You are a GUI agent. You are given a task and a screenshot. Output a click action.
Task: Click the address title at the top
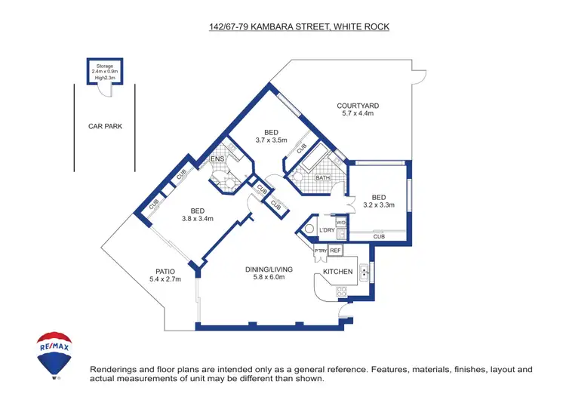pyautogui.click(x=299, y=27)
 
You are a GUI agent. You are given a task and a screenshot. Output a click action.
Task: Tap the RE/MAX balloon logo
pyautogui.click(x=54, y=353)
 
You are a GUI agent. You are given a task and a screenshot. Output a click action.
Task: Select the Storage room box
pyautogui.click(x=103, y=72)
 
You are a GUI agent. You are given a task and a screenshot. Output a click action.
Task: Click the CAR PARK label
pyautogui.click(x=105, y=127)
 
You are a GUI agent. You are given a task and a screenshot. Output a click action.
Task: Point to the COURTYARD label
pyautogui.click(x=358, y=106)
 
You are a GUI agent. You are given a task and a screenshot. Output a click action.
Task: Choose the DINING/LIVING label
pyautogui.click(x=269, y=269)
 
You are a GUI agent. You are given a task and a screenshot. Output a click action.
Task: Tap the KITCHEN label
pyautogui.click(x=337, y=271)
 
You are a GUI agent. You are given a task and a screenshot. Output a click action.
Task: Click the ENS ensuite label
pyautogui.click(x=217, y=159)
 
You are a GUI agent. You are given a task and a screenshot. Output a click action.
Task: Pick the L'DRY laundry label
pyautogui.click(x=326, y=230)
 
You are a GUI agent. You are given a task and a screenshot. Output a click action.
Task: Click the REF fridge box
pyautogui.click(x=336, y=250)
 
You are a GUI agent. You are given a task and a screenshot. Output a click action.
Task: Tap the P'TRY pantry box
pyautogui.click(x=320, y=250)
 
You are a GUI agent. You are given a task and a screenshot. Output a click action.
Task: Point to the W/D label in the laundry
pyautogui.click(x=341, y=223)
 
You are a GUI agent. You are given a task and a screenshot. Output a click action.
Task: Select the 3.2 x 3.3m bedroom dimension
pyautogui.click(x=379, y=205)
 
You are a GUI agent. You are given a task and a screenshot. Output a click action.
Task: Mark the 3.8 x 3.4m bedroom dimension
pyautogui.click(x=197, y=219)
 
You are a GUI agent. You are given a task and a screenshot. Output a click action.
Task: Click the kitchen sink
pyautogui.click(x=365, y=272)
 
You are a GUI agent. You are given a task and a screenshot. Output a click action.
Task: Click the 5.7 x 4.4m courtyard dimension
pyautogui.click(x=358, y=114)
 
